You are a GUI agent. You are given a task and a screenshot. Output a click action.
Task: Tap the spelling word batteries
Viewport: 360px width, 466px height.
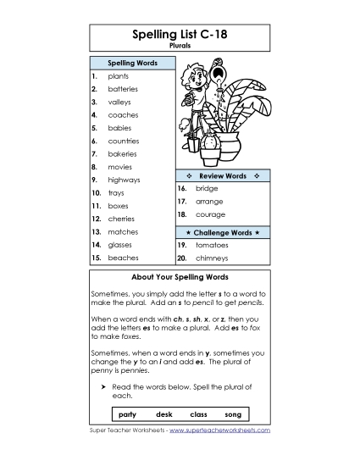pos(123,89)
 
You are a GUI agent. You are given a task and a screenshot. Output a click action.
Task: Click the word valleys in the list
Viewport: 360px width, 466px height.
pos(120,102)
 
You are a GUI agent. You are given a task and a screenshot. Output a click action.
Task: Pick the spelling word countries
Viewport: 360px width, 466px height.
pos(124,141)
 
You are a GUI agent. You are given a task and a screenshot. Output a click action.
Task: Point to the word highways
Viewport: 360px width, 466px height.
pos(124,180)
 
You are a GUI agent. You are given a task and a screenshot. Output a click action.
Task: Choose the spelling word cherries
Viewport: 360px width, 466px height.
pos(122,219)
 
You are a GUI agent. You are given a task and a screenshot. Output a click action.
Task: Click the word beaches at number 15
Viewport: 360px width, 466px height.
pos(123,258)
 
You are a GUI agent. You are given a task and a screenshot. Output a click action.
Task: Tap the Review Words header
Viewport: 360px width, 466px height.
pos(222,175)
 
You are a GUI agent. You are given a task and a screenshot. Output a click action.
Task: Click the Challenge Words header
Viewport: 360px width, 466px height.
pos(222,231)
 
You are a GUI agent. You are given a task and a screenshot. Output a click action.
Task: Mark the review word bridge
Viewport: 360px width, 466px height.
pos(207,188)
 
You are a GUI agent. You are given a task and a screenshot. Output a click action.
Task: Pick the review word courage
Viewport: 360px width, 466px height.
pos(210,215)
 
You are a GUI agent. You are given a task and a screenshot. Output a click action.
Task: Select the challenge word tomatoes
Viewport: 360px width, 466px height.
pos(212,244)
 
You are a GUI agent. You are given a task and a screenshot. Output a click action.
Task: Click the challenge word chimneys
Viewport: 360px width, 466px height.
pos(212,258)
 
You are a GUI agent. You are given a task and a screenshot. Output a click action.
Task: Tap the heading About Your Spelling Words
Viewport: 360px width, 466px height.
pos(180,277)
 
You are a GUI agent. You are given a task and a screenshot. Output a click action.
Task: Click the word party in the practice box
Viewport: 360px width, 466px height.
pos(128,414)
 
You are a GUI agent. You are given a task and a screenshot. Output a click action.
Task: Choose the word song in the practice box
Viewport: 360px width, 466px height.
pos(233,414)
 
